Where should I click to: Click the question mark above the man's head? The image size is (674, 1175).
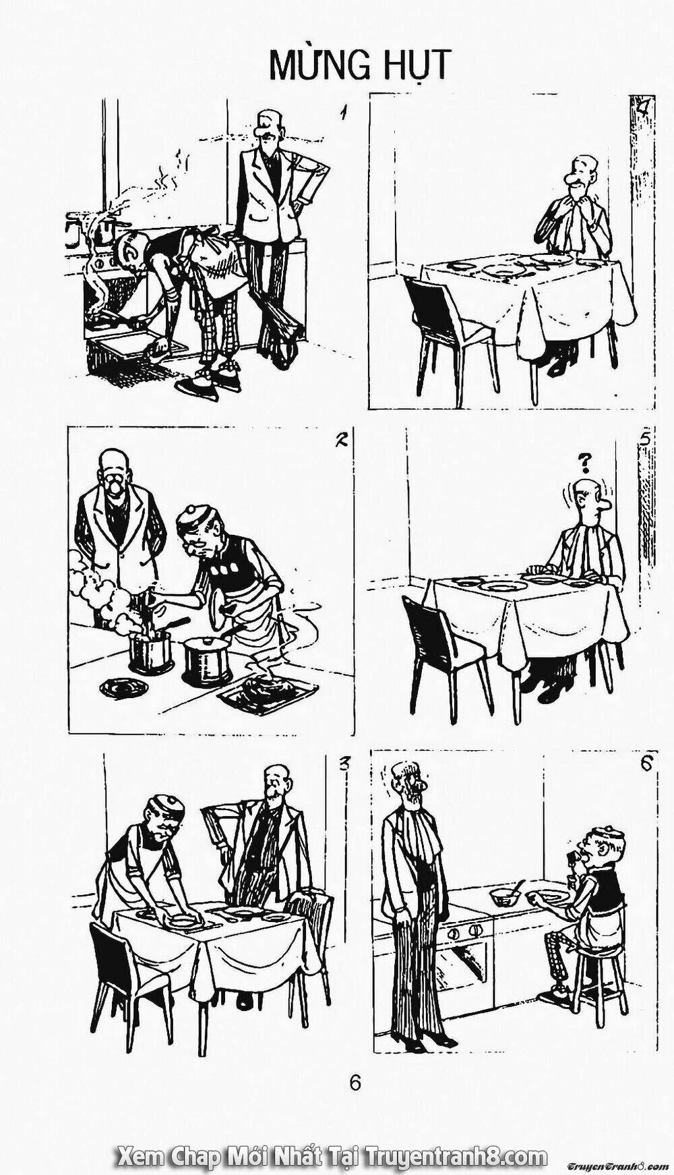tap(585, 462)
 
